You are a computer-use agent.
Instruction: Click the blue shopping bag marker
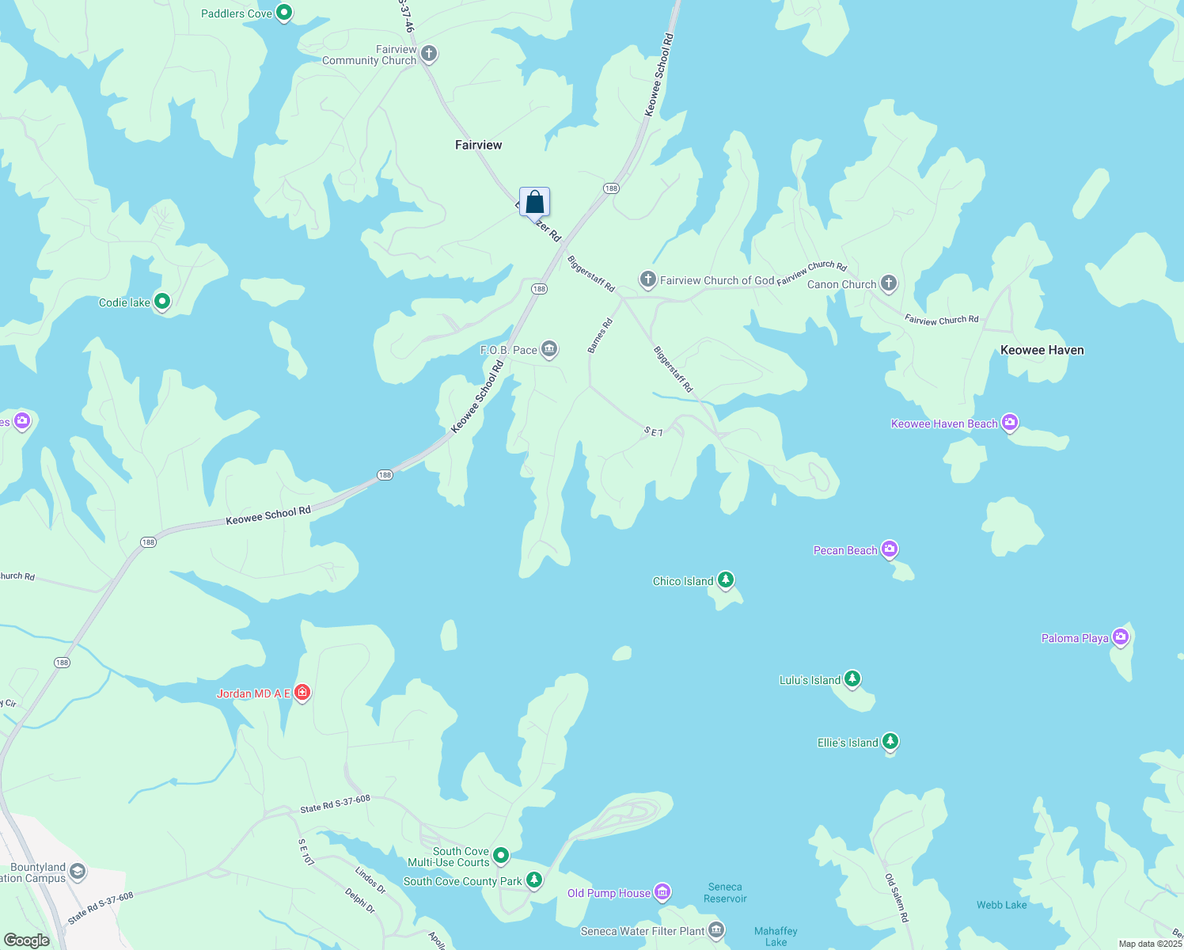point(534,202)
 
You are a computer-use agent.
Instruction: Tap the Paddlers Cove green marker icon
point(284,13)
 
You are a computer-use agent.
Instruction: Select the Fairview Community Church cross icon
point(429,55)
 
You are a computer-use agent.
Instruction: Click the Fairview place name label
point(478,145)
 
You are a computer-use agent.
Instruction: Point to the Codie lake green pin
point(162,302)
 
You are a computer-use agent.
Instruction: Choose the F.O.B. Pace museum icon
point(549,349)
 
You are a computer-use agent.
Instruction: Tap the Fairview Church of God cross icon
point(648,279)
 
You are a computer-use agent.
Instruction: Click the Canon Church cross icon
point(889,283)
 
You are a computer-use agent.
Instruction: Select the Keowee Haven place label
point(1042,350)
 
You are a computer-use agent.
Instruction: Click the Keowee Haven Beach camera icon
point(1010,423)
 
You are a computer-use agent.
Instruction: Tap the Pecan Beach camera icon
point(890,549)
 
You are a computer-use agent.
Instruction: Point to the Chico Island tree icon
point(725,580)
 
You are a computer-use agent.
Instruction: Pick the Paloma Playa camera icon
point(1120,637)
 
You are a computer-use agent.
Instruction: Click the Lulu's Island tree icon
point(852,679)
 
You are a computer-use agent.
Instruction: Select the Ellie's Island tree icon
point(890,742)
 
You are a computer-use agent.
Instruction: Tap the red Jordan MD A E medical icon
point(302,693)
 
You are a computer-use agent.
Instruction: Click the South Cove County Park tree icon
point(534,880)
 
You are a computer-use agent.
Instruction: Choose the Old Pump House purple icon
point(662,893)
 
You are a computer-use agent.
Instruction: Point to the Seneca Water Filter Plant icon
point(716,930)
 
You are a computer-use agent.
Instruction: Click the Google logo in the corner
point(26,940)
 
